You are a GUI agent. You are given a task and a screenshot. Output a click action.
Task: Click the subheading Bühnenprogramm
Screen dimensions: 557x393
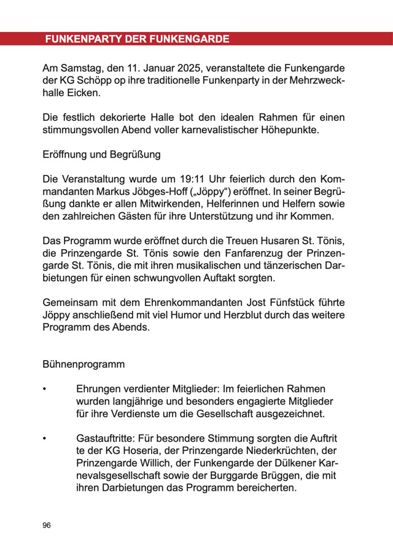tap(84, 364)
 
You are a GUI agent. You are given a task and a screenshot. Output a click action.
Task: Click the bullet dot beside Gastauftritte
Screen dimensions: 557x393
tap(44, 439)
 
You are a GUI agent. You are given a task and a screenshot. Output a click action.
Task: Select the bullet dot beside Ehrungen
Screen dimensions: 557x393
tap(44, 390)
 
